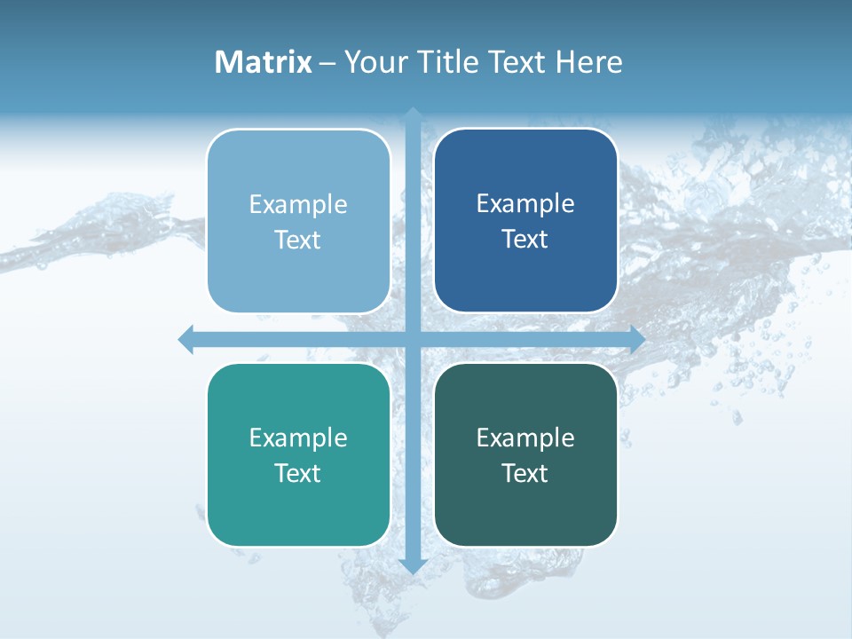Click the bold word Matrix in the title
click(263, 62)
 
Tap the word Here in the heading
click(588, 62)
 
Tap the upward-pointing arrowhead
click(413, 114)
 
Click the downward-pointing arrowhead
click(413, 565)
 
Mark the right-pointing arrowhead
click(637, 339)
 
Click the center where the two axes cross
click(413, 339)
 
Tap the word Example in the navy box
click(525, 203)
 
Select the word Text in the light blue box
click(298, 240)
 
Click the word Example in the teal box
click(298, 438)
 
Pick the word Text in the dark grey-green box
click(525, 473)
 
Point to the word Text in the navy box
click(525, 239)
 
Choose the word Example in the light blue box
click(298, 204)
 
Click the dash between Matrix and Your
click(327, 63)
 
